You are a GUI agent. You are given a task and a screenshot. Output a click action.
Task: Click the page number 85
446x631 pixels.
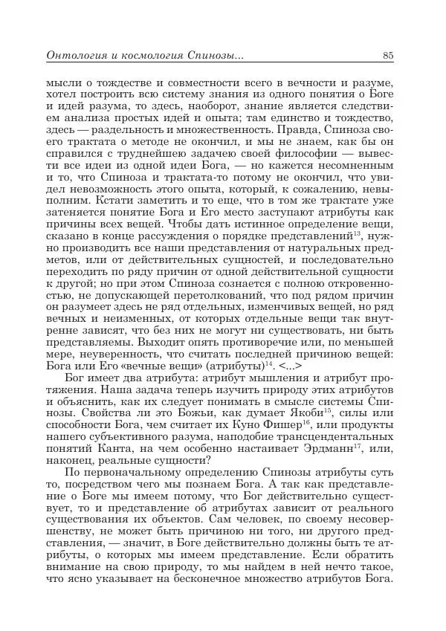point(388,54)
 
